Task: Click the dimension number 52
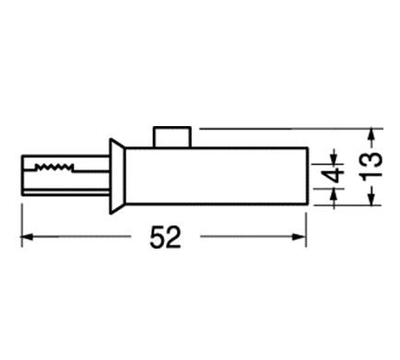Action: pyautogui.click(x=165, y=237)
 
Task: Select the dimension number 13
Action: pyautogui.click(x=371, y=166)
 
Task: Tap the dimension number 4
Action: pyautogui.click(x=335, y=174)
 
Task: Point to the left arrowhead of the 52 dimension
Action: pyautogui.click(x=27, y=237)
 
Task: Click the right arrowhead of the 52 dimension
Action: pyautogui.click(x=300, y=237)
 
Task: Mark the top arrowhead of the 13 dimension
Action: pyautogui.click(x=371, y=135)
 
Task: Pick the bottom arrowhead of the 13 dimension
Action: pyautogui.click(x=371, y=198)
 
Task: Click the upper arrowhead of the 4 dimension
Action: pyautogui.click(x=335, y=158)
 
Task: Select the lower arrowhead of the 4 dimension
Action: pyautogui.click(x=335, y=196)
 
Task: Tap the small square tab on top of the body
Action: pyautogui.click(x=172, y=137)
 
